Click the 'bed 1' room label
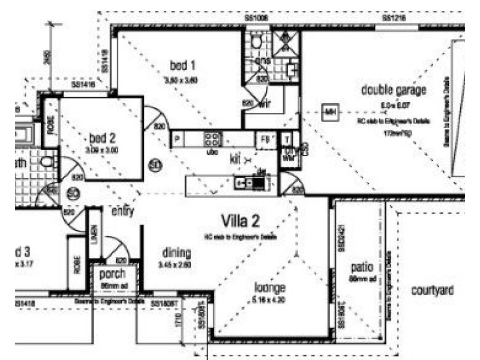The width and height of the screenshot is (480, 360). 182,65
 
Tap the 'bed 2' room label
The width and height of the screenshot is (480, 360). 101,136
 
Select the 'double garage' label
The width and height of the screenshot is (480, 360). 394,90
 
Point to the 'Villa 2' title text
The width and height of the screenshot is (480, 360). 240,220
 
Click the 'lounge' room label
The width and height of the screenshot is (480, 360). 269,287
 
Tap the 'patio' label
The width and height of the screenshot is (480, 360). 362,267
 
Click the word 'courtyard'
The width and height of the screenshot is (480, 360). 431,290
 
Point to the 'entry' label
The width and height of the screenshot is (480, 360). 122,211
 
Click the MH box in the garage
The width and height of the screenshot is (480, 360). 329,112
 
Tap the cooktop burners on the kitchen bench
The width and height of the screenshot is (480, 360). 212,139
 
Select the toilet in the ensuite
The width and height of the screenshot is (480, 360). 257,41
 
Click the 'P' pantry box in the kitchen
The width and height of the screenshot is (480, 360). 178,139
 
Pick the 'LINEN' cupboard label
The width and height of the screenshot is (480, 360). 94,235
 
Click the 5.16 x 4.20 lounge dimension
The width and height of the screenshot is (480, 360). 269,299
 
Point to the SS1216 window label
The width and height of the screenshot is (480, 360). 393,19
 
